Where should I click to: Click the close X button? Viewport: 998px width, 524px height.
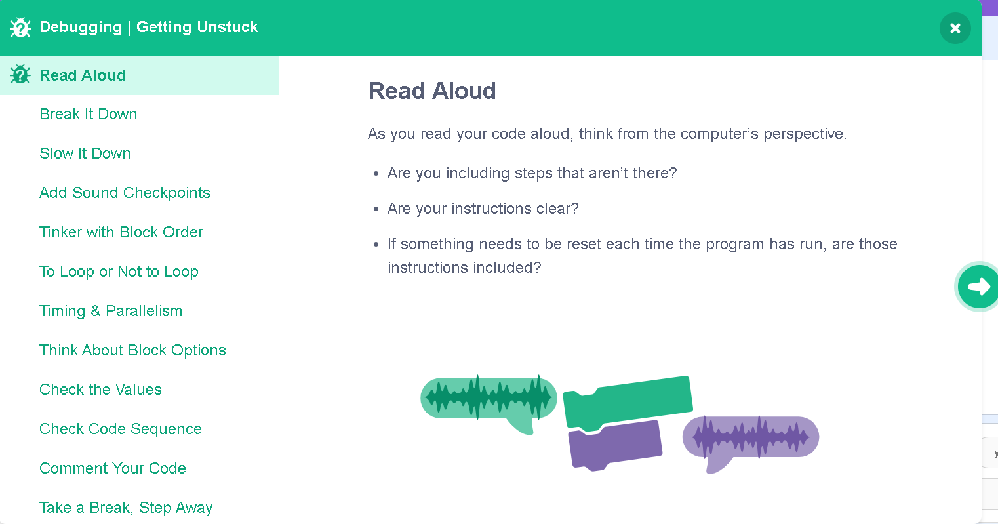955,28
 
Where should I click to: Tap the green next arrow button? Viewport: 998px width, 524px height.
978,287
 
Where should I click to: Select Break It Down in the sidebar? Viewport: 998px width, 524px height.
89,114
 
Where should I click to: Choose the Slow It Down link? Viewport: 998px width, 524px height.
85,153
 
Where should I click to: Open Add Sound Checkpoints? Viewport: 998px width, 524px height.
125,193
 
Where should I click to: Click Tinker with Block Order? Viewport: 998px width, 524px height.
121,232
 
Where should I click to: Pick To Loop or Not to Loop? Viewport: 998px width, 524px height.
119,272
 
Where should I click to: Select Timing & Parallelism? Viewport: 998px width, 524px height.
111,311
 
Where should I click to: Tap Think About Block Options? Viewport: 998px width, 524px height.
132,350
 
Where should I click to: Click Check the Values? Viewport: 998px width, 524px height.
101,390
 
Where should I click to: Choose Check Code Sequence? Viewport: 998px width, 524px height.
121,429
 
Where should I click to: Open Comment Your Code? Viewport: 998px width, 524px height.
113,468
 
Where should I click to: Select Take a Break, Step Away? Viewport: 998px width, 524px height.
126,508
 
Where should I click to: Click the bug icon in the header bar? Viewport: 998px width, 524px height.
20,28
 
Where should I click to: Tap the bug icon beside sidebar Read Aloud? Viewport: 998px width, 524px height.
20,74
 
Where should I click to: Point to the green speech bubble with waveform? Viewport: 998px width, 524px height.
489,401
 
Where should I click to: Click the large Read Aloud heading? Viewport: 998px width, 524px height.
432,91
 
